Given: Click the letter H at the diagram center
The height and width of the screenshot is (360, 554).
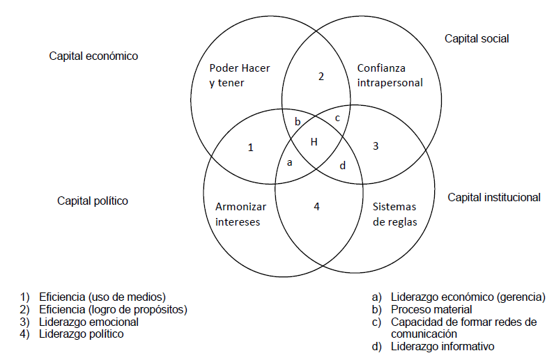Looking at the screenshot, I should pyautogui.click(x=314, y=142).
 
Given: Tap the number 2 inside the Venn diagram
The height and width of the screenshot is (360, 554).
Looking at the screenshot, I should pyautogui.click(x=321, y=77).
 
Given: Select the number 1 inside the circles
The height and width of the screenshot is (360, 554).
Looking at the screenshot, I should pyautogui.click(x=252, y=148).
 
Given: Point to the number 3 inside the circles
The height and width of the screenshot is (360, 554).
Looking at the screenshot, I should pyautogui.click(x=376, y=146).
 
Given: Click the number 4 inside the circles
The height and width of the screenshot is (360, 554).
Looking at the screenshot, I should pyautogui.click(x=316, y=207).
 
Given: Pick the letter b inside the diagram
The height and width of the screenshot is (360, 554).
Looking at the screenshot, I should pyautogui.click(x=298, y=122).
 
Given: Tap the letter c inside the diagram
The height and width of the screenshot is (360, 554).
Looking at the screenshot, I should pyautogui.click(x=337, y=118).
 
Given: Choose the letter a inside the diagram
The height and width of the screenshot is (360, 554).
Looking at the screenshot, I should pyautogui.click(x=290, y=162).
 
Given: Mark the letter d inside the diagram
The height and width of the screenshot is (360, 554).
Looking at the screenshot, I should pyautogui.click(x=341, y=166).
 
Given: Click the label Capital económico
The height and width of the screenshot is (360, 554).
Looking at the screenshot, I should pyautogui.click(x=93, y=56).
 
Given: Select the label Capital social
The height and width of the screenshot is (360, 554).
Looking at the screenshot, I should pyautogui.click(x=477, y=38).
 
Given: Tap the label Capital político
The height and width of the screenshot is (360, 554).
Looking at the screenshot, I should pyautogui.click(x=93, y=201).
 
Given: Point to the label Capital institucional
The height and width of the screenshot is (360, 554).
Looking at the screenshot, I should pyautogui.click(x=493, y=198).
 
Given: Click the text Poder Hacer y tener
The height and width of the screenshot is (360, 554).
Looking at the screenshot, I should pyautogui.click(x=239, y=75).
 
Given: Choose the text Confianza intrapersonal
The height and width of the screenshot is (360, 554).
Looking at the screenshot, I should pyautogui.click(x=390, y=75).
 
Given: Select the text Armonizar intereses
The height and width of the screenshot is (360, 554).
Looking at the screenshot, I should pyautogui.click(x=238, y=214).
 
